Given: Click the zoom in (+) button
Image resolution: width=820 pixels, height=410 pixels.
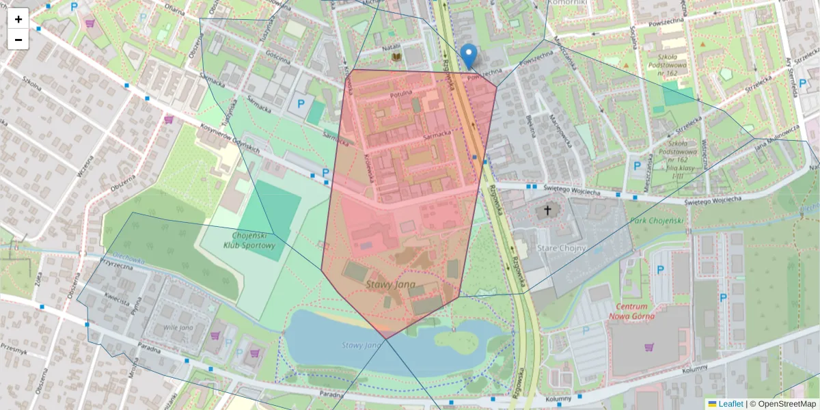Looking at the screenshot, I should tap(18, 19).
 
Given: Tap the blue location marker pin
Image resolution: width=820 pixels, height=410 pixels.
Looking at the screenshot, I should tap(469, 55).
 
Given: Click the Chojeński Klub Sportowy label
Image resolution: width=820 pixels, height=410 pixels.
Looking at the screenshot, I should tap(249, 240).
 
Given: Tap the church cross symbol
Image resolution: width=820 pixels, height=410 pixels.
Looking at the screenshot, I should tap(547, 210).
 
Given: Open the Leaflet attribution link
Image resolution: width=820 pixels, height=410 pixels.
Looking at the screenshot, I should tap(730, 404).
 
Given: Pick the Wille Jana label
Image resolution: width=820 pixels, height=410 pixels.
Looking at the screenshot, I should tap(180, 327).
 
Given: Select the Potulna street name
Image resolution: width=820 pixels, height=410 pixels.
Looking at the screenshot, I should tap(401, 92).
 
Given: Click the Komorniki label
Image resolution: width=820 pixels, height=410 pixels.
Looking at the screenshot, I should tap(568, 3).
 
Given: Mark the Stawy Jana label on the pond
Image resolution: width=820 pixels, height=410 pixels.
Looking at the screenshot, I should tap(361, 345).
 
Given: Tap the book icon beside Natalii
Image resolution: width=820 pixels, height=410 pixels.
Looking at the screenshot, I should tap(395, 59).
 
